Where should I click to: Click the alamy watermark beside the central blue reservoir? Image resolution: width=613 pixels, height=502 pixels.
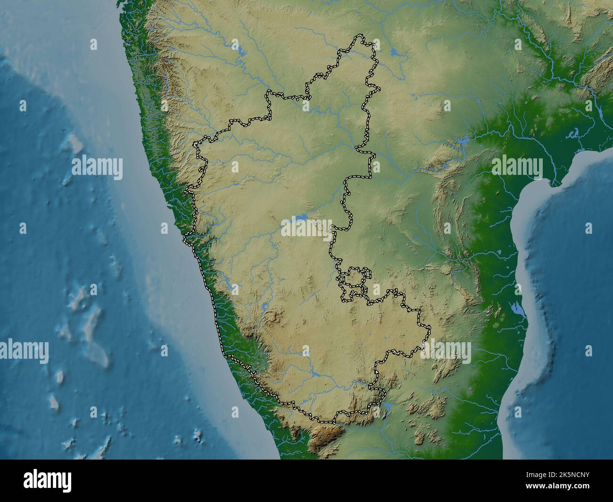[307, 228]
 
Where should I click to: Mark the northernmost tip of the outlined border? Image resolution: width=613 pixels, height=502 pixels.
[361, 35]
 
